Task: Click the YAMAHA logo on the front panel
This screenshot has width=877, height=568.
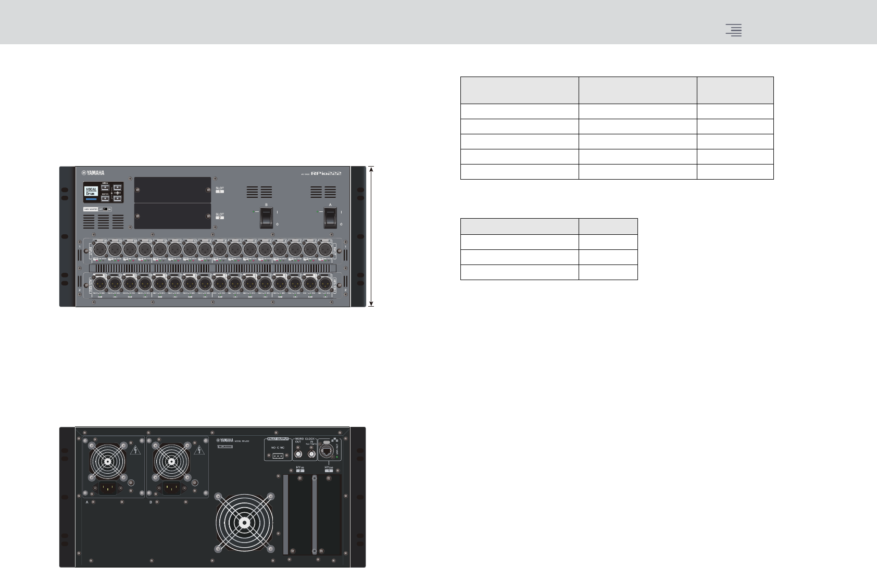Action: pyautogui.click(x=92, y=173)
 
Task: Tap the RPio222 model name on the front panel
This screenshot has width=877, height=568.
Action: pyautogui.click(x=325, y=173)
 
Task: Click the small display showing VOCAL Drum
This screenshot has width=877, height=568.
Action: pyautogui.click(x=92, y=192)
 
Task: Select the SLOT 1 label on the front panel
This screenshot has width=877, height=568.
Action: pyautogui.click(x=220, y=190)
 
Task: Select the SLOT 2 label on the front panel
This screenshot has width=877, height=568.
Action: pyautogui.click(x=220, y=216)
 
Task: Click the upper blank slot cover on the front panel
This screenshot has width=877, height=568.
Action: pyautogui.click(x=172, y=190)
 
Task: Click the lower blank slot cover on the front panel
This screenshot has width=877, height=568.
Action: pyautogui.click(x=172, y=216)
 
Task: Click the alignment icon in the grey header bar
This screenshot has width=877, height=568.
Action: pyautogui.click(x=734, y=30)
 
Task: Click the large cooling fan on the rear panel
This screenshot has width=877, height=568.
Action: pyautogui.click(x=244, y=522)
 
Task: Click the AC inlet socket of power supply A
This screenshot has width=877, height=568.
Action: pyautogui.click(x=108, y=488)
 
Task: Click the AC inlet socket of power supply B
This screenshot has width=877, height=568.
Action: pyautogui.click(x=172, y=488)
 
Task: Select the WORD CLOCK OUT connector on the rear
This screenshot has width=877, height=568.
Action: pyautogui.click(x=299, y=455)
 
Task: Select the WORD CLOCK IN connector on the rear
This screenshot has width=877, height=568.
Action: pyautogui.click(x=311, y=455)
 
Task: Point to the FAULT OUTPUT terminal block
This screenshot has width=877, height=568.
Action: pyautogui.click(x=279, y=456)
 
